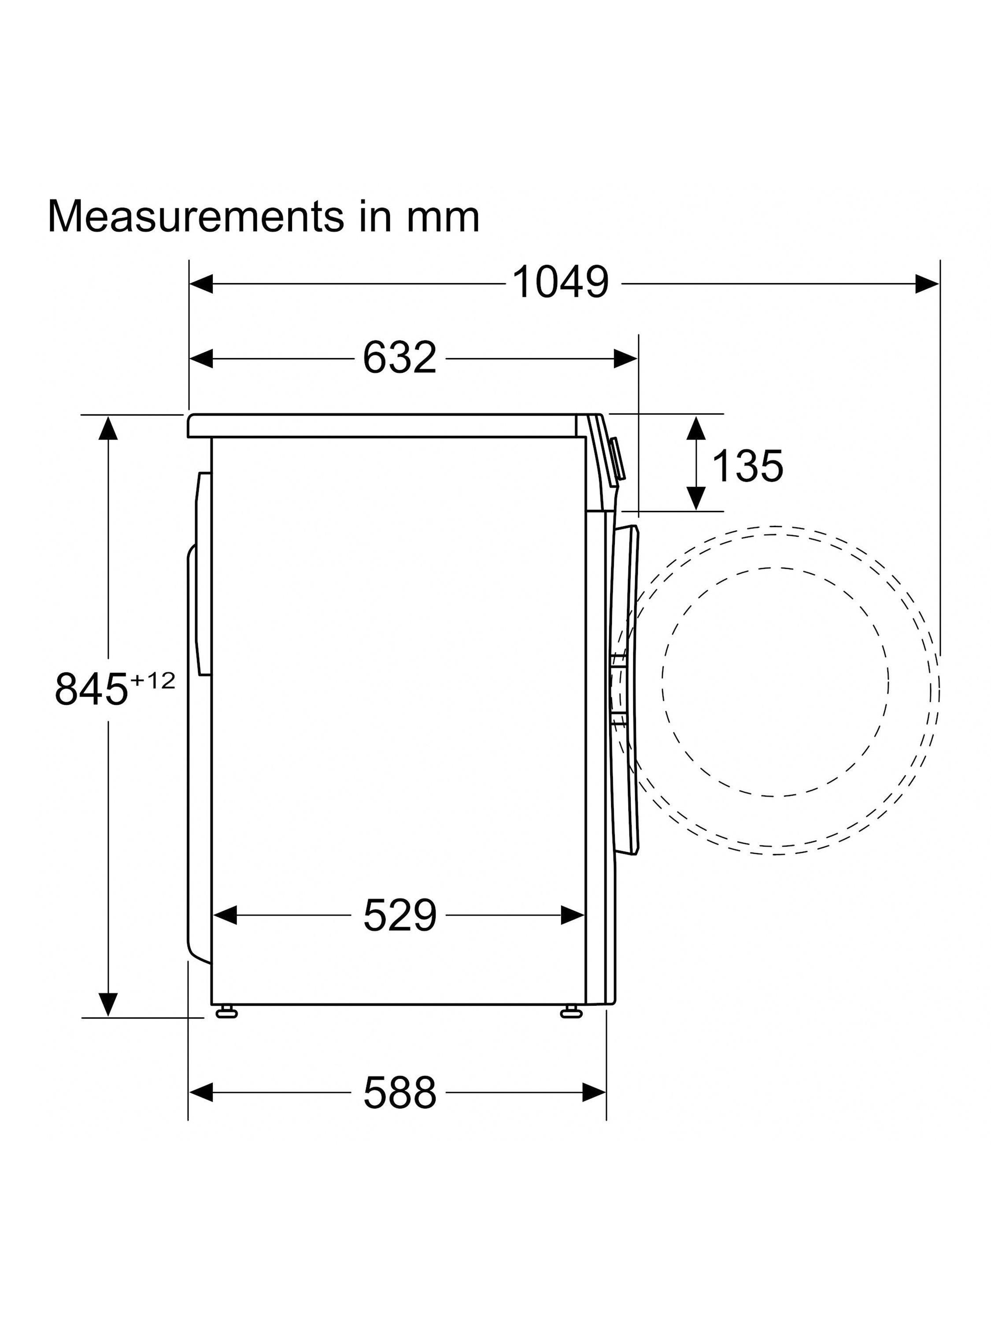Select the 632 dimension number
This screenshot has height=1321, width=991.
coord(399,358)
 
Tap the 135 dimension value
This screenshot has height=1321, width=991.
coord(747,466)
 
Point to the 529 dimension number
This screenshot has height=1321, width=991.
coord(399,915)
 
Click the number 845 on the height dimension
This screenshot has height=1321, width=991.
coord(92,689)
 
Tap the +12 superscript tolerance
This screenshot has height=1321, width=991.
coord(152,681)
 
